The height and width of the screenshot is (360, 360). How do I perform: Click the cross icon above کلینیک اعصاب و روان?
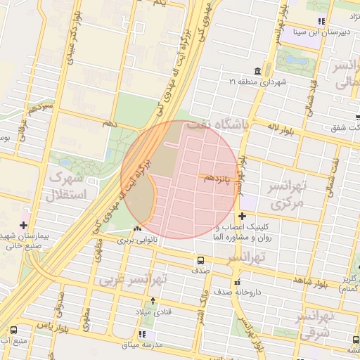tap(242, 216)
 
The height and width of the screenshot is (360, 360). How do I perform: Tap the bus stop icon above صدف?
tap(201, 260)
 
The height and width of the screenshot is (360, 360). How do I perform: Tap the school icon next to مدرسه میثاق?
tap(143, 334)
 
